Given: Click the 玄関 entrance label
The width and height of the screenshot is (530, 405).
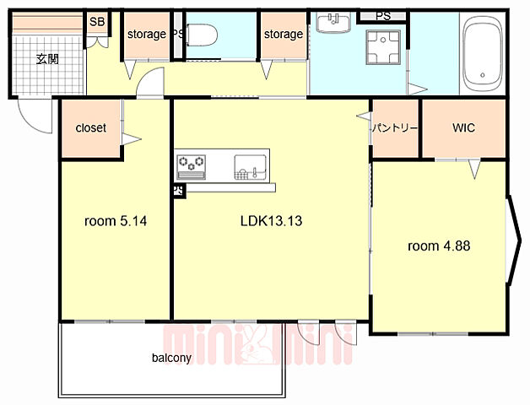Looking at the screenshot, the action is (47, 59).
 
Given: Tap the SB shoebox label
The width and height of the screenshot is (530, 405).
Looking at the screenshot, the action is (97, 22).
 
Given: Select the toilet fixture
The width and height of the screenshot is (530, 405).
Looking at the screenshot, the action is (202, 35).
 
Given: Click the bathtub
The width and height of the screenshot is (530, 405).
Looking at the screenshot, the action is (483, 53).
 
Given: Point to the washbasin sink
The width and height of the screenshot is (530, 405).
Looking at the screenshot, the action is (333, 22).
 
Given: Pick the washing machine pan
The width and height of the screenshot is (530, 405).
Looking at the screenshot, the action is (383, 47).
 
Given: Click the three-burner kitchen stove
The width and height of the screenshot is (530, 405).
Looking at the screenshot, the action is (192, 167).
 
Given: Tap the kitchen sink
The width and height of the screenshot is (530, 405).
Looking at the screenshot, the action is (250, 167).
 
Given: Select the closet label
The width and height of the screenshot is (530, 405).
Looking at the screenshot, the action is (90, 127).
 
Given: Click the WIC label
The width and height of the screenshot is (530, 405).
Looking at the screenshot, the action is (463, 127).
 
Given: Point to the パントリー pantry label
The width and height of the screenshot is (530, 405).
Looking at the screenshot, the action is (395, 128).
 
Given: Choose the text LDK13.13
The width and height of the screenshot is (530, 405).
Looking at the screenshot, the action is (271, 221).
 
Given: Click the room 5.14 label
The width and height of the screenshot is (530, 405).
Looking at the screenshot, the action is (116, 221).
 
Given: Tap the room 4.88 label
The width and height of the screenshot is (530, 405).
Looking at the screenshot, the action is (439, 246).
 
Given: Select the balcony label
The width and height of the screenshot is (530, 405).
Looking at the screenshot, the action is (171, 358).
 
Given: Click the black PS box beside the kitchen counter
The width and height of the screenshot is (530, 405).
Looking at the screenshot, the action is (179, 191).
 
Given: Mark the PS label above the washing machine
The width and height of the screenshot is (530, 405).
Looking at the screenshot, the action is (383, 16).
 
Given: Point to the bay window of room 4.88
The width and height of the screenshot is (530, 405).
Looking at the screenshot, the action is (514, 240).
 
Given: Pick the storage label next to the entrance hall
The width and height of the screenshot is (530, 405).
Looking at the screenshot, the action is (147, 34).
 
